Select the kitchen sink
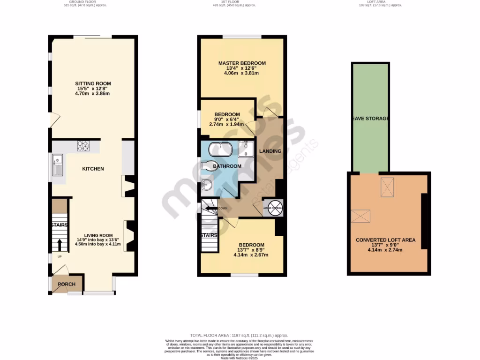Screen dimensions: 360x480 click(x=58, y=165)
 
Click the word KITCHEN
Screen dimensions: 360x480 click(x=93, y=169)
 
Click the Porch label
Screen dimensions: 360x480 click(x=67, y=284)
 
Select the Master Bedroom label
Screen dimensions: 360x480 click(x=242, y=63)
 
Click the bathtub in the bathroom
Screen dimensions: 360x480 click(x=220, y=149)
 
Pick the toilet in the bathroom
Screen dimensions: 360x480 click(x=208, y=166)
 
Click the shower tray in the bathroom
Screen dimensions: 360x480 click(x=245, y=149)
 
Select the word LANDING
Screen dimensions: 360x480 click(x=270, y=151)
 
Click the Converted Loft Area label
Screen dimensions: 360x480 click(x=385, y=240)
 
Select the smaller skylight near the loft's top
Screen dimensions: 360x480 click(x=387, y=183)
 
